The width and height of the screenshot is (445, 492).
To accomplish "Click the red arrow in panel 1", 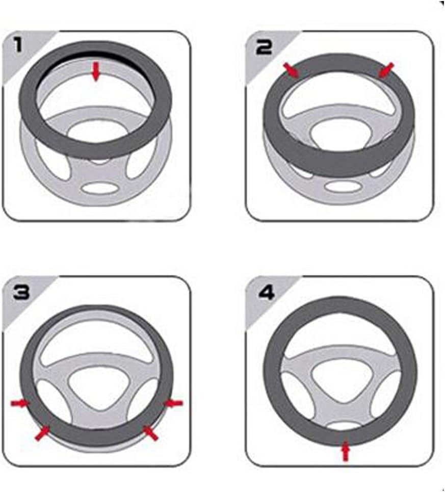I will (96, 72).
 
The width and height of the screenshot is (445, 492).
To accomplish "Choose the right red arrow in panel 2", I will (386, 69).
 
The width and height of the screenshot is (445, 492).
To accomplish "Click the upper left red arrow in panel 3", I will (20, 403).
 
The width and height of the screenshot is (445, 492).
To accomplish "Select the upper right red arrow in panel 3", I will (174, 403).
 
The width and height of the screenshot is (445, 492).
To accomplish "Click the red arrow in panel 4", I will (346, 452).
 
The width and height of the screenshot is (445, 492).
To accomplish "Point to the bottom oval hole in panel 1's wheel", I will (99, 188).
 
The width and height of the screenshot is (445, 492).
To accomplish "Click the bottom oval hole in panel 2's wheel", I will (342, 187).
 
